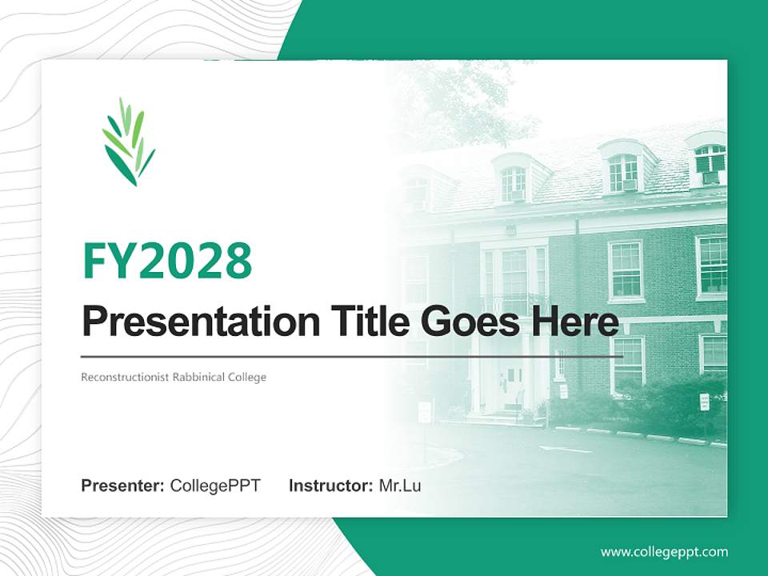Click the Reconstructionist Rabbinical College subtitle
[173, 377]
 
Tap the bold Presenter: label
[123, 486]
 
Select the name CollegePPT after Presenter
[215, 486]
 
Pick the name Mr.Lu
[400, 486]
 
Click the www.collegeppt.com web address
[664, 552]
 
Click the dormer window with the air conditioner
[710, 164]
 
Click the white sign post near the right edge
[704, 402]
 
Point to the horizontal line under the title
[352, 356]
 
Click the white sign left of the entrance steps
[424, 412]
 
